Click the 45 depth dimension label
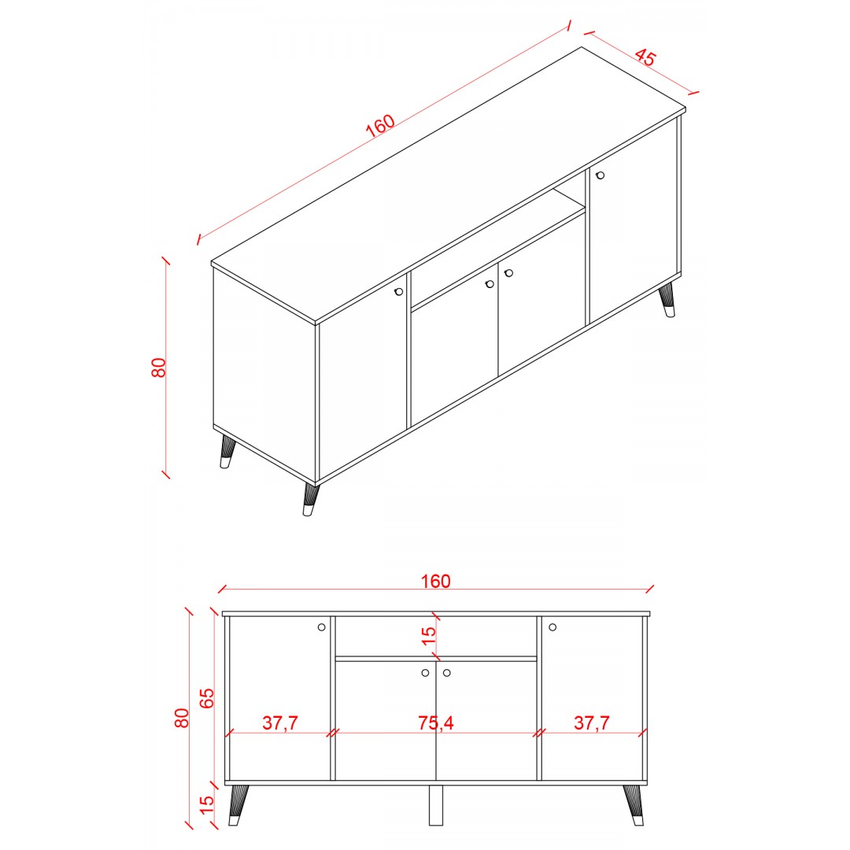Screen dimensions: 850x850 point(645,57)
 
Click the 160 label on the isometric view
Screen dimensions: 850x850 point(380,126)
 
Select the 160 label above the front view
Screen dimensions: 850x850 point(435,581)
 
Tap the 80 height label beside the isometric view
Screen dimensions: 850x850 point(158,368)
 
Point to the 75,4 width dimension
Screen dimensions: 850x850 point(435,722)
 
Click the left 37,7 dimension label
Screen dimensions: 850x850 point(280,722)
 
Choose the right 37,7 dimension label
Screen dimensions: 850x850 point(591,722)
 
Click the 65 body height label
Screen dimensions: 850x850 point(207,698)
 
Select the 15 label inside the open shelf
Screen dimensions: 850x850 point(428,635)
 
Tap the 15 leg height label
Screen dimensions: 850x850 point(207,805)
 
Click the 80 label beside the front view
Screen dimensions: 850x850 point(182,719)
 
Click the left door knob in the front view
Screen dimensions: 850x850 point(321,627)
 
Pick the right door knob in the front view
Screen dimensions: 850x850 point(552,627)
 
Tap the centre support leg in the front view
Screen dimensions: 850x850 point(436,805)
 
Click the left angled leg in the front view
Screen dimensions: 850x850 point(238,805)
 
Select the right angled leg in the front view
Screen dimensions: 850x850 point(633,805)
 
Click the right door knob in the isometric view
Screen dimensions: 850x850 point(600,175)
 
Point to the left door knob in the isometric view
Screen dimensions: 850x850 point(399,292)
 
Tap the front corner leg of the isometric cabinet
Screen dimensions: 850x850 point(311,499)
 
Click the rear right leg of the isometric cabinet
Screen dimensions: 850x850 point(667,300)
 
